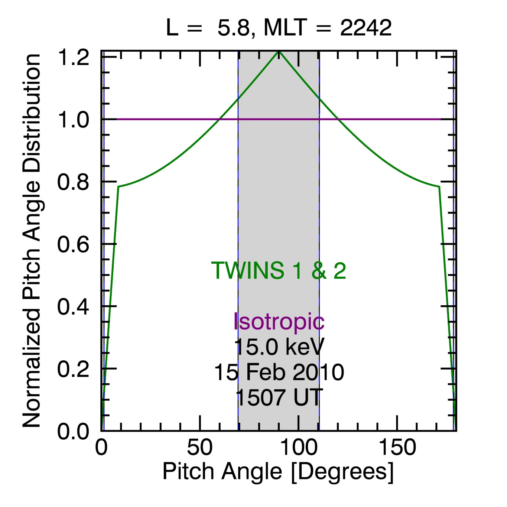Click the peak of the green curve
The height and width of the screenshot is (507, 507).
pos(279,52)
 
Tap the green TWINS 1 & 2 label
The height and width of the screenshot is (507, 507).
pos(279,270)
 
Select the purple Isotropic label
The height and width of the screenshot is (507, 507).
pos(279,321)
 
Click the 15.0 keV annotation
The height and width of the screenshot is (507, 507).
pos(279,347)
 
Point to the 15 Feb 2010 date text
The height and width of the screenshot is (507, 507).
pos(279,372)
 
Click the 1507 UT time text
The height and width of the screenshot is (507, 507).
pos(279,397)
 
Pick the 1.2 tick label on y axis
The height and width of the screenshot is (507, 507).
pos(73,58)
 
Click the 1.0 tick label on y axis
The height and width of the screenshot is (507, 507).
pos(73,120)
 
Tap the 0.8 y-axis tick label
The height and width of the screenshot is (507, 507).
pos(73,182)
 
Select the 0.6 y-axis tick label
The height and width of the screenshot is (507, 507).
pos(73,245)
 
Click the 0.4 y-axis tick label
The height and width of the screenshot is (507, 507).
pos(73,307)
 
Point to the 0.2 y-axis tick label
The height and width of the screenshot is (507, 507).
pos(73,369)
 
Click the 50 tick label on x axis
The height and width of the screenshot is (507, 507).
pos(200,448)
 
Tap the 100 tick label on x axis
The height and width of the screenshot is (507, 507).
pos(299,448)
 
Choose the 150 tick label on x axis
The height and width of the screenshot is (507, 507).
pos(397,448)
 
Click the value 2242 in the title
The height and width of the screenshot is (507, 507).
pos(366,28)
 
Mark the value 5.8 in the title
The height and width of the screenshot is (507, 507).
pos(233,28)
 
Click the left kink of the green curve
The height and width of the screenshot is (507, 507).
pos(118,186)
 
